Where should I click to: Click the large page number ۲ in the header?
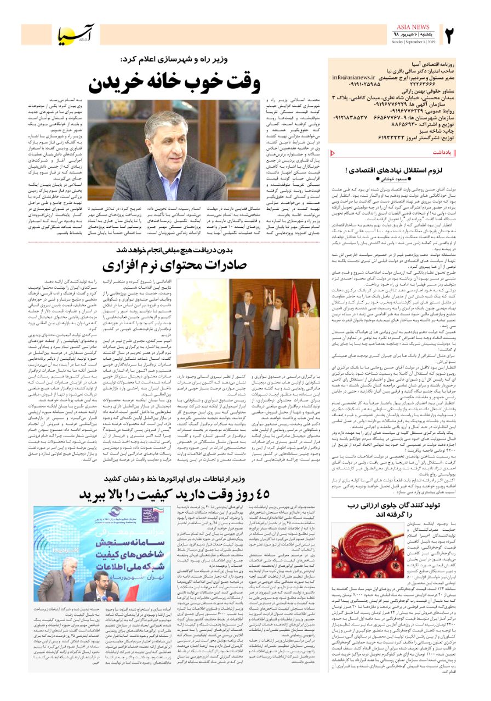[x=450, y=36]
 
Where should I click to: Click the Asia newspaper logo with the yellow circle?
[x=77, y=35]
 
